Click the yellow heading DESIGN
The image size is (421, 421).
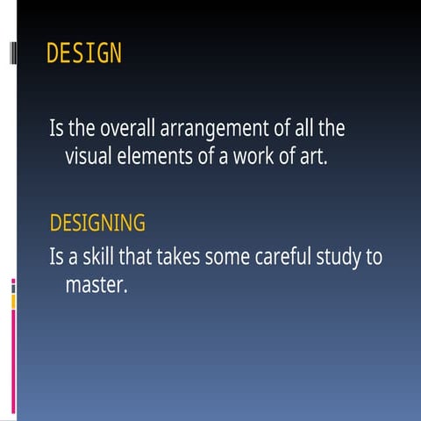84,54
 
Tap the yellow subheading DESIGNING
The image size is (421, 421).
97,224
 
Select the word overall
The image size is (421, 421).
127,130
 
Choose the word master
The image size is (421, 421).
96,286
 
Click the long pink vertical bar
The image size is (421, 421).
13,360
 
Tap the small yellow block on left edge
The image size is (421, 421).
13,301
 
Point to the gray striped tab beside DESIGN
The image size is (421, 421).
12,54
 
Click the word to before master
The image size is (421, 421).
375,259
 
